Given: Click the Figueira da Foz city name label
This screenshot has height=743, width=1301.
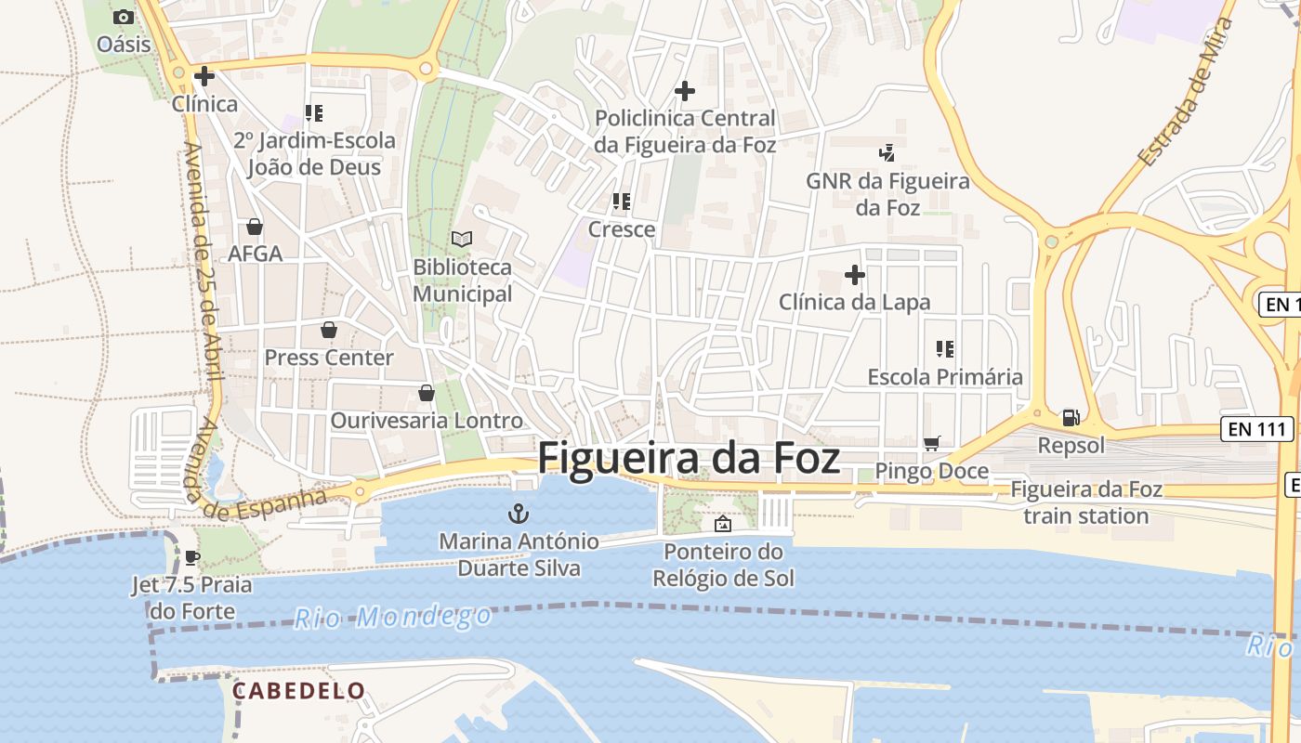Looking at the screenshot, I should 689,459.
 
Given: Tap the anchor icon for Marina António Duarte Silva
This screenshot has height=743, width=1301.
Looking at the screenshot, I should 518,514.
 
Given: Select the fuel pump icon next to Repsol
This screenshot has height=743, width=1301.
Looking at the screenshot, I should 1071,418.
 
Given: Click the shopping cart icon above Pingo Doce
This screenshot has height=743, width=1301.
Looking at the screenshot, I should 931,444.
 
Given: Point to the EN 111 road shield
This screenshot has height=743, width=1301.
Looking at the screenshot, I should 1256,428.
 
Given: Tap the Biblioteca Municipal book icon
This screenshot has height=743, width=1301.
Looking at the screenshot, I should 461,240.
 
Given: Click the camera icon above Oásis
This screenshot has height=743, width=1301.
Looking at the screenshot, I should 123,17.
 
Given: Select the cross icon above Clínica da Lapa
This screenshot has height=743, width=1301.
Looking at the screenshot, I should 854,275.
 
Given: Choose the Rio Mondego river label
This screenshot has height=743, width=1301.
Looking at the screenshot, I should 393,616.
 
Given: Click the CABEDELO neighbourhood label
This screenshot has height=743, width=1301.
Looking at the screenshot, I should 298,690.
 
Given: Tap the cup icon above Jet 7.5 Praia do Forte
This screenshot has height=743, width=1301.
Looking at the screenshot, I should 191,557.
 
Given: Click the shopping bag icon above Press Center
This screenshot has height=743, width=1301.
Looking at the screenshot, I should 328,330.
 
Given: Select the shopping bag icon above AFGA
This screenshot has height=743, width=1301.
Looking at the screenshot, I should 254,227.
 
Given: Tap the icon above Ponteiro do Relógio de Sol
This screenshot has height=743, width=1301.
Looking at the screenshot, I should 722,525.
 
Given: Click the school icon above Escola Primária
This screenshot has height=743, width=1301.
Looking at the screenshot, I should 944,349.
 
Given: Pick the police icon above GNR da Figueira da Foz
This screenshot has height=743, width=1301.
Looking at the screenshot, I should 887,152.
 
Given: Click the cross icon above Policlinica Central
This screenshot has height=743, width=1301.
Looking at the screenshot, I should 684,91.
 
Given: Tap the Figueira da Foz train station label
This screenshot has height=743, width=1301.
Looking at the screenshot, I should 1085,502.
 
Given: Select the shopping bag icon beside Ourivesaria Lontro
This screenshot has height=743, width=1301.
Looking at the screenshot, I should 426,393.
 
